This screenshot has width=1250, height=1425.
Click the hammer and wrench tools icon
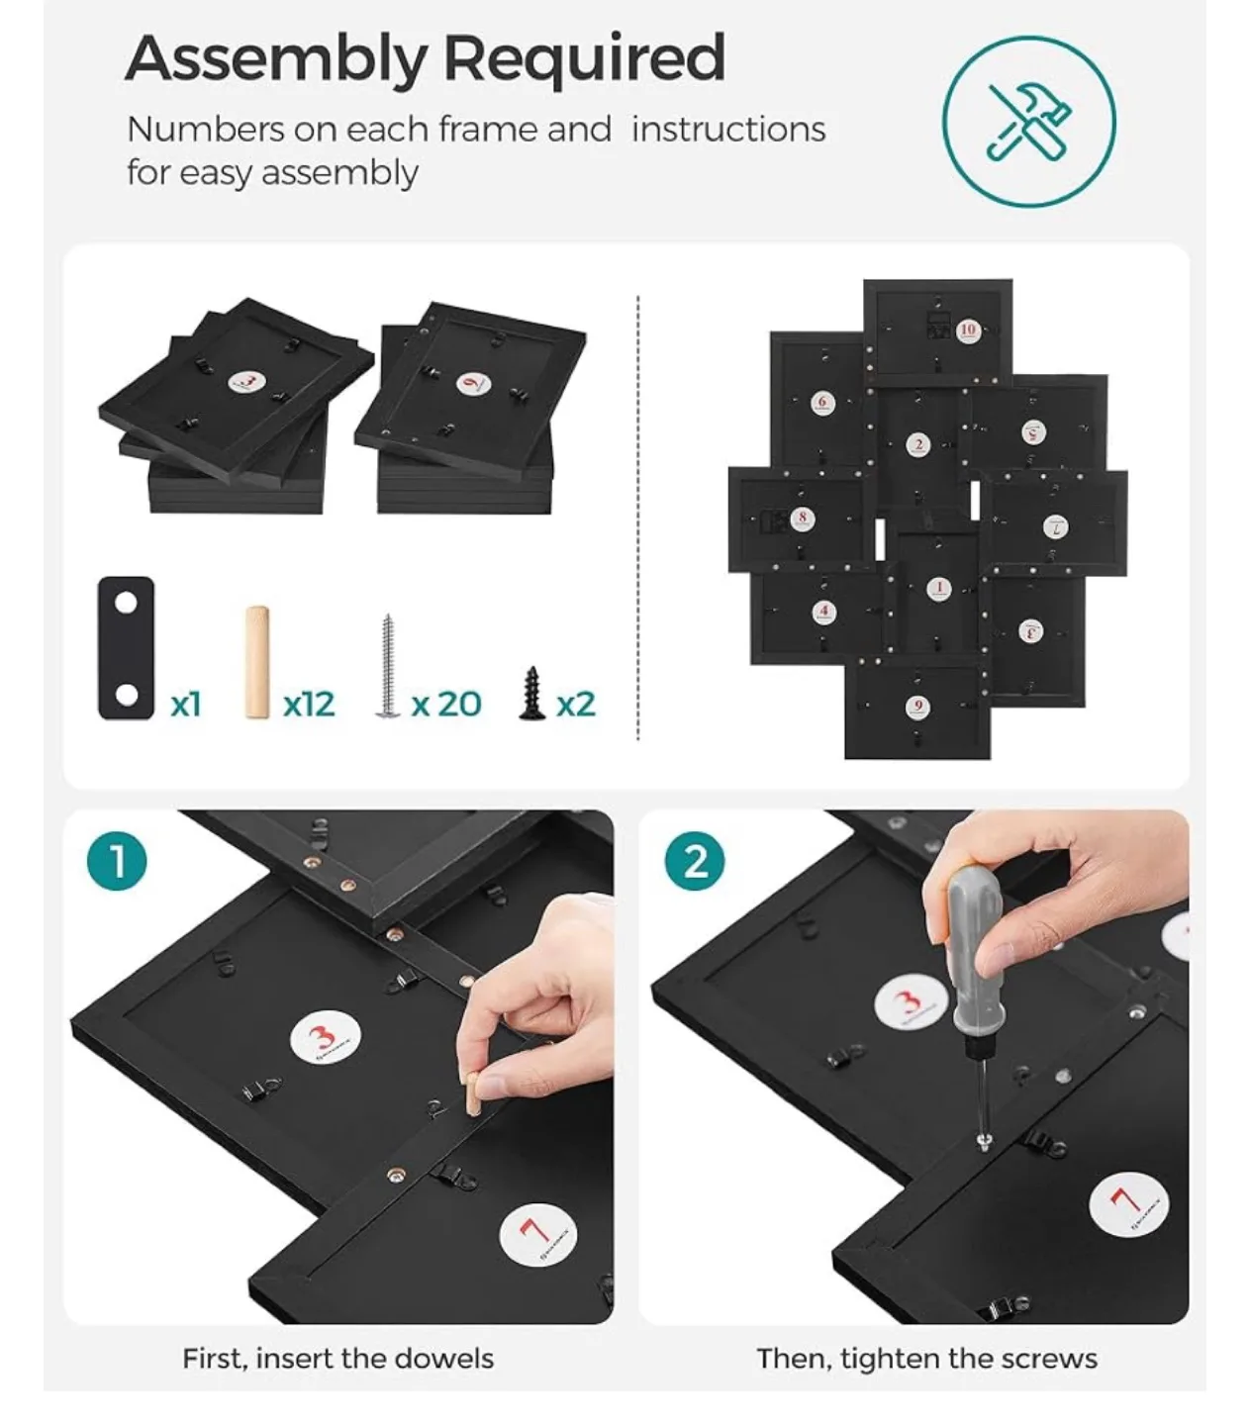1028,122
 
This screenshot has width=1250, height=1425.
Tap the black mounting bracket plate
127,648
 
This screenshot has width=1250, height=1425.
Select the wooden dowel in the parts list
257,662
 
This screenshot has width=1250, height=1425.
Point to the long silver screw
386,665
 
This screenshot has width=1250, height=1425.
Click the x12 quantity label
309,704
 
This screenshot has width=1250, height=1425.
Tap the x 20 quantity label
446,704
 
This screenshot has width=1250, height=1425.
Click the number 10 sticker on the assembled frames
967,331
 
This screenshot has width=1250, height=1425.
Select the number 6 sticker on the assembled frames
821,402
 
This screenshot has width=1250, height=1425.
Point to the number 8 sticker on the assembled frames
802,518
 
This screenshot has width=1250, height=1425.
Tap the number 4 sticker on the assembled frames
823,611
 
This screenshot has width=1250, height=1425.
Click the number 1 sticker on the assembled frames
938,589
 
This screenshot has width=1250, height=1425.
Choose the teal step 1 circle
117,861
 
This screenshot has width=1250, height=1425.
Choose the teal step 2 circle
696,861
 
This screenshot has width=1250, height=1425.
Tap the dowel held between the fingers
475,1093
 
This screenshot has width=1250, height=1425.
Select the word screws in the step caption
1053,1359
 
